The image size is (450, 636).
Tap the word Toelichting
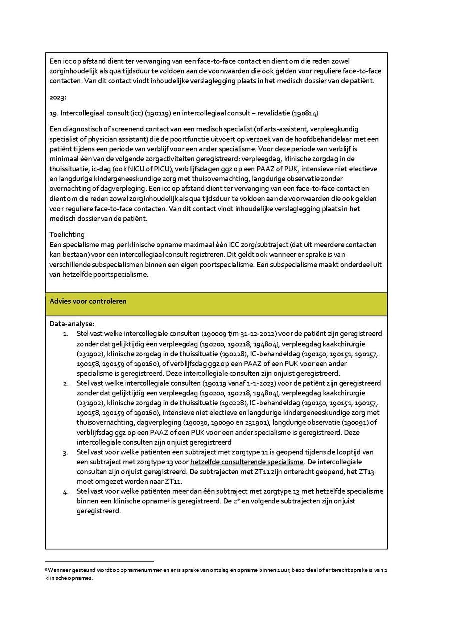pyautogui.click(x=67, y=234)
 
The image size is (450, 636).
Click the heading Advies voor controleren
pyautogui.click(x=88, y=301)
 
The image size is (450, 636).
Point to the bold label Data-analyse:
pyautogui.click(x=72, y=324)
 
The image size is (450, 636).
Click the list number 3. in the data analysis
pyautogui.click(x=65, y=452)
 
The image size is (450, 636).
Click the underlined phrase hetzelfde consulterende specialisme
pyautogui.click(x=247, y=462)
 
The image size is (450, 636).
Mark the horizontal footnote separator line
pyautogui.click(x=99, y=561)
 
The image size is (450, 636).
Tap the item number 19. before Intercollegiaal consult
pyautogui.click(x=54, y=113)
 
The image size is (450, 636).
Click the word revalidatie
pyautogui.click(x=282, y=113)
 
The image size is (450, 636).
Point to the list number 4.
pyautogui.click(x=65, y=491)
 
